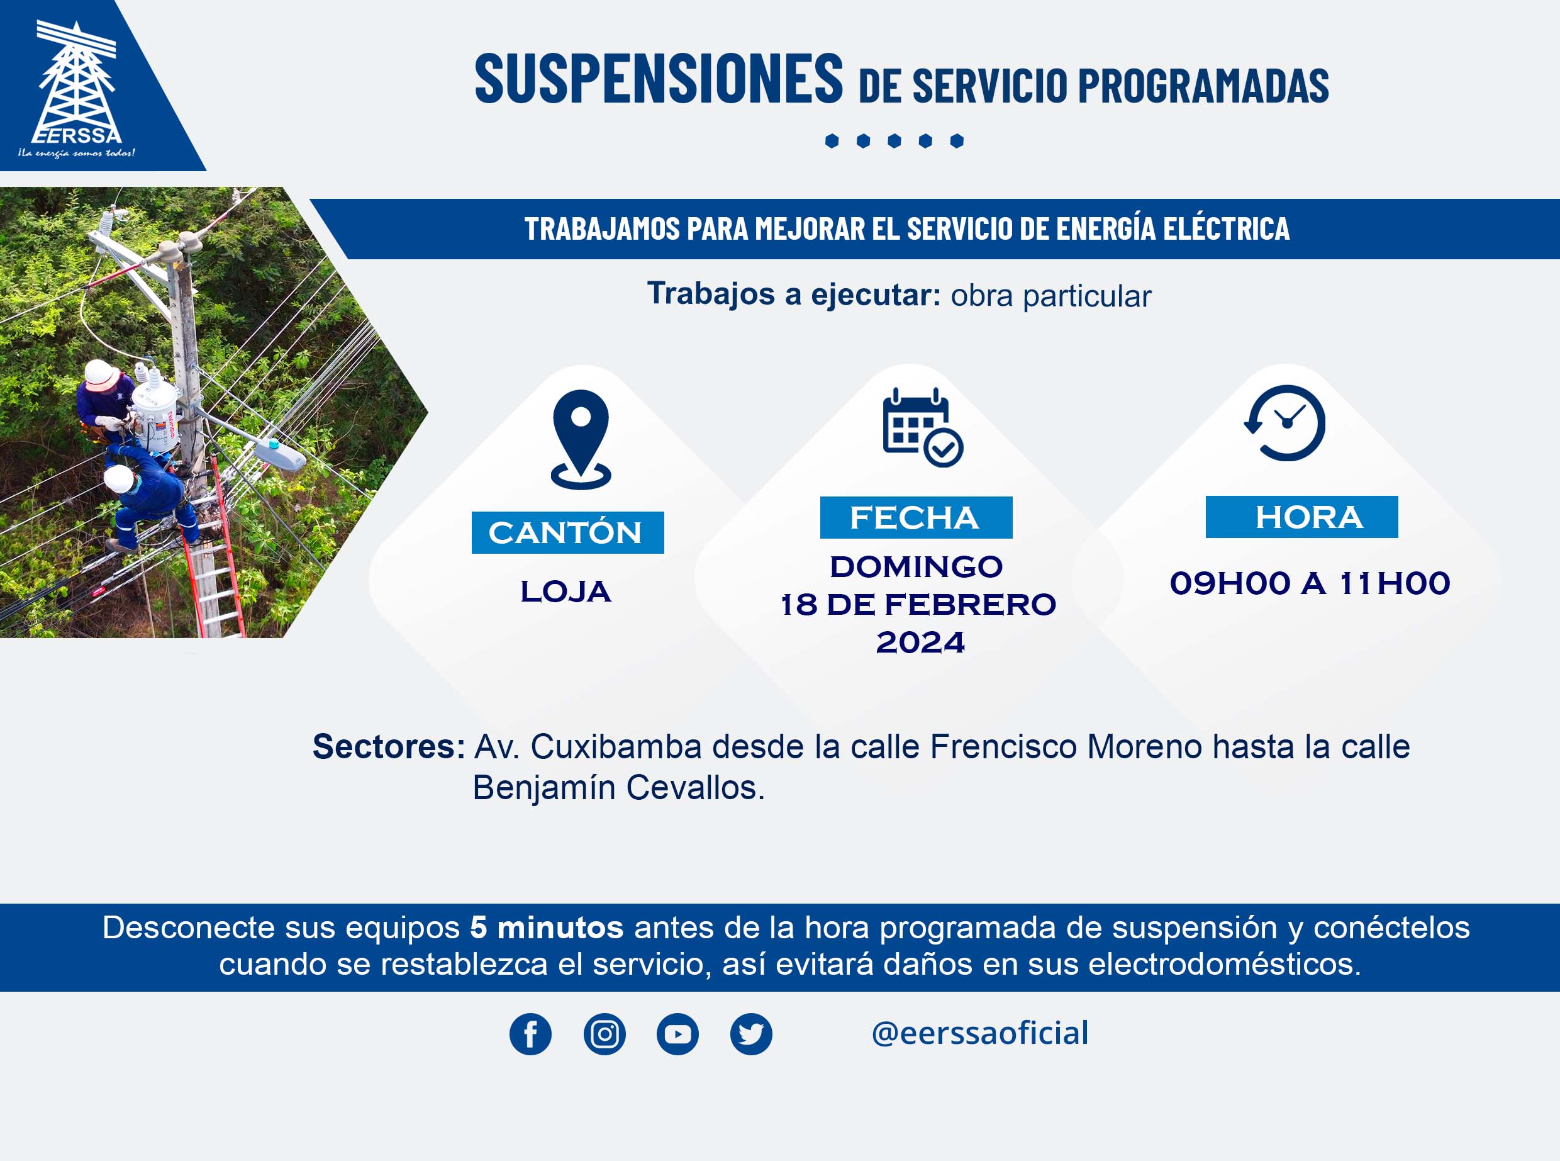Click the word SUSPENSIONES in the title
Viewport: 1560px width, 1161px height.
pyautogui.click(x=659, y=79)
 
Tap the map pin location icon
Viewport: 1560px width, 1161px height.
pyautogui.click(x=581, y=439)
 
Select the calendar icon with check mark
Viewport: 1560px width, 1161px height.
pyautogui.click(x=922, y=427)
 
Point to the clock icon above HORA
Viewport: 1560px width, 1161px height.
pyautogui.click(x=1284, y=422)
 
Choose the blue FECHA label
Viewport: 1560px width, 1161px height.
pyautogui.click(x=916, y=518)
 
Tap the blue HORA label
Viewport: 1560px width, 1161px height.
pyautogui.click(x=1301, y=517)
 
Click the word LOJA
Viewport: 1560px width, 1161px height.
pyautogui.click(x=565, y=592)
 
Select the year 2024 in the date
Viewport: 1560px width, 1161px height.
pyautogui.click(x=920, y=642)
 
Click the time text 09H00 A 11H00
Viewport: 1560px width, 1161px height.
pyautogui.click(x=1309, y=583)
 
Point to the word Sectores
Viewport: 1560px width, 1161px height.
pyautogui.click(x=388, y=746)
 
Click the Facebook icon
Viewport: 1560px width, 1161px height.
pyautogui.click(x=530, y=1034)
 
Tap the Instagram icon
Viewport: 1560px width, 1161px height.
pyautogui.click(x=604, y=1034)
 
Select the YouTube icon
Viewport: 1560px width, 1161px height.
pyautogui.click(x=677, y=1034)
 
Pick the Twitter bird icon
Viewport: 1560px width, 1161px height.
pyautogui.click(x=751, y=1034)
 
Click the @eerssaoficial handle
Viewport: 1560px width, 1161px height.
pyautogui.click(x=980, y=1033)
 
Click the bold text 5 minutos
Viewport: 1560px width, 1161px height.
pyautogui.click(x=547, y=928)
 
